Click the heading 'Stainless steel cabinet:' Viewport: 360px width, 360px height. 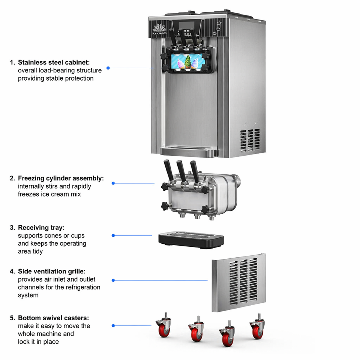pyautogui.click(x=54, y=63)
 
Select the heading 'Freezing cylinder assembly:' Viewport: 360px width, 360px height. pyautogui.click(x=61, y=178)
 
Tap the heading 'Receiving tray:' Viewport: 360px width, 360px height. pyautogui.click(x=41, y=228)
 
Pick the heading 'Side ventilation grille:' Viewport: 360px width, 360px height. pyautogui.click(x=52, y=271)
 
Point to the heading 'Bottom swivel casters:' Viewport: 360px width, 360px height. pyautogui.click(x=54, y=318)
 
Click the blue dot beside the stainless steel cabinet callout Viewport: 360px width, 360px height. pyautogui.click(x=108, y=68)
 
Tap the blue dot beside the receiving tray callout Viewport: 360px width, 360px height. pyautogui.click(x=113, y=235)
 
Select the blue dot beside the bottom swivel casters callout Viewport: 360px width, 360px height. pyautogui.click(x=113, y=325)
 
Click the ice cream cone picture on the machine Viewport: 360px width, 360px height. pyautogui.click(x=188, y=61)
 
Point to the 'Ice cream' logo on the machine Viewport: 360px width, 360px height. pyautogui.click(x=159, y=30)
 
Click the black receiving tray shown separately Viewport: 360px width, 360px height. pyautogui.click(x=191, y=240)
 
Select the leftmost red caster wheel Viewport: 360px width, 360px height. pyautogui.click(x=164, y=328)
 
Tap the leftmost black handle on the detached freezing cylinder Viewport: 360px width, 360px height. pyautogui.click(x=168, y=170)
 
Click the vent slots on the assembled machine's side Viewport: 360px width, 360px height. pyautogui.click(x=250, y=140)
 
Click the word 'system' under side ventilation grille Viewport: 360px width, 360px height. pyautogui.click(x=28, y=295)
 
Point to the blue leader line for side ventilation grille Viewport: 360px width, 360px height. pyautogui.click(x=160, y=280)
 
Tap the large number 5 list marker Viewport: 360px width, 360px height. pyautogui.click(x=12, y=318)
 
